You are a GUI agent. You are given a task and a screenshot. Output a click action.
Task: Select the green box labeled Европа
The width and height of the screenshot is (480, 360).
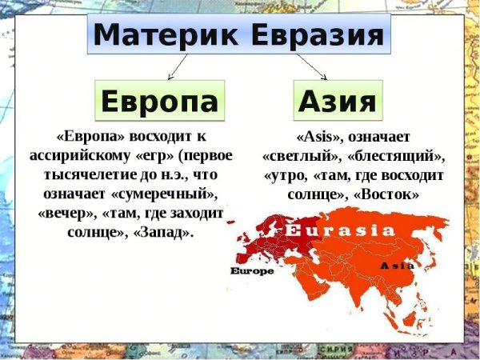[159, 102]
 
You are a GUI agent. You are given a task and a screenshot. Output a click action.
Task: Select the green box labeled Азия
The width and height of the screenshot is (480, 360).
[337, 102]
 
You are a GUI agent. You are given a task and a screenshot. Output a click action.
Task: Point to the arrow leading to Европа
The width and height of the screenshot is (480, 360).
[178, 66]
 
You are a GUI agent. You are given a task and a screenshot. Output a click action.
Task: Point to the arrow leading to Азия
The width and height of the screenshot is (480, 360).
[312, 66]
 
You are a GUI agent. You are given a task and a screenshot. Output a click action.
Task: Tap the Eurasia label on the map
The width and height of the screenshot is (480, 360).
[339, 230]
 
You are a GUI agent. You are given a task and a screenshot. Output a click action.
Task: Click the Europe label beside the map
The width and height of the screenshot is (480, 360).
[251, 270]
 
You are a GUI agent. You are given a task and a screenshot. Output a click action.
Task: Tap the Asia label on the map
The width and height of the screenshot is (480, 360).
[396, 265]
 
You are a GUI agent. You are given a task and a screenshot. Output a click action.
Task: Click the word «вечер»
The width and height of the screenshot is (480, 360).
[65, 213]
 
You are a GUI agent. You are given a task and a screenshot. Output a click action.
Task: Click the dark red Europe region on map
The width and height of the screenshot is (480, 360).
[272, 240]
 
